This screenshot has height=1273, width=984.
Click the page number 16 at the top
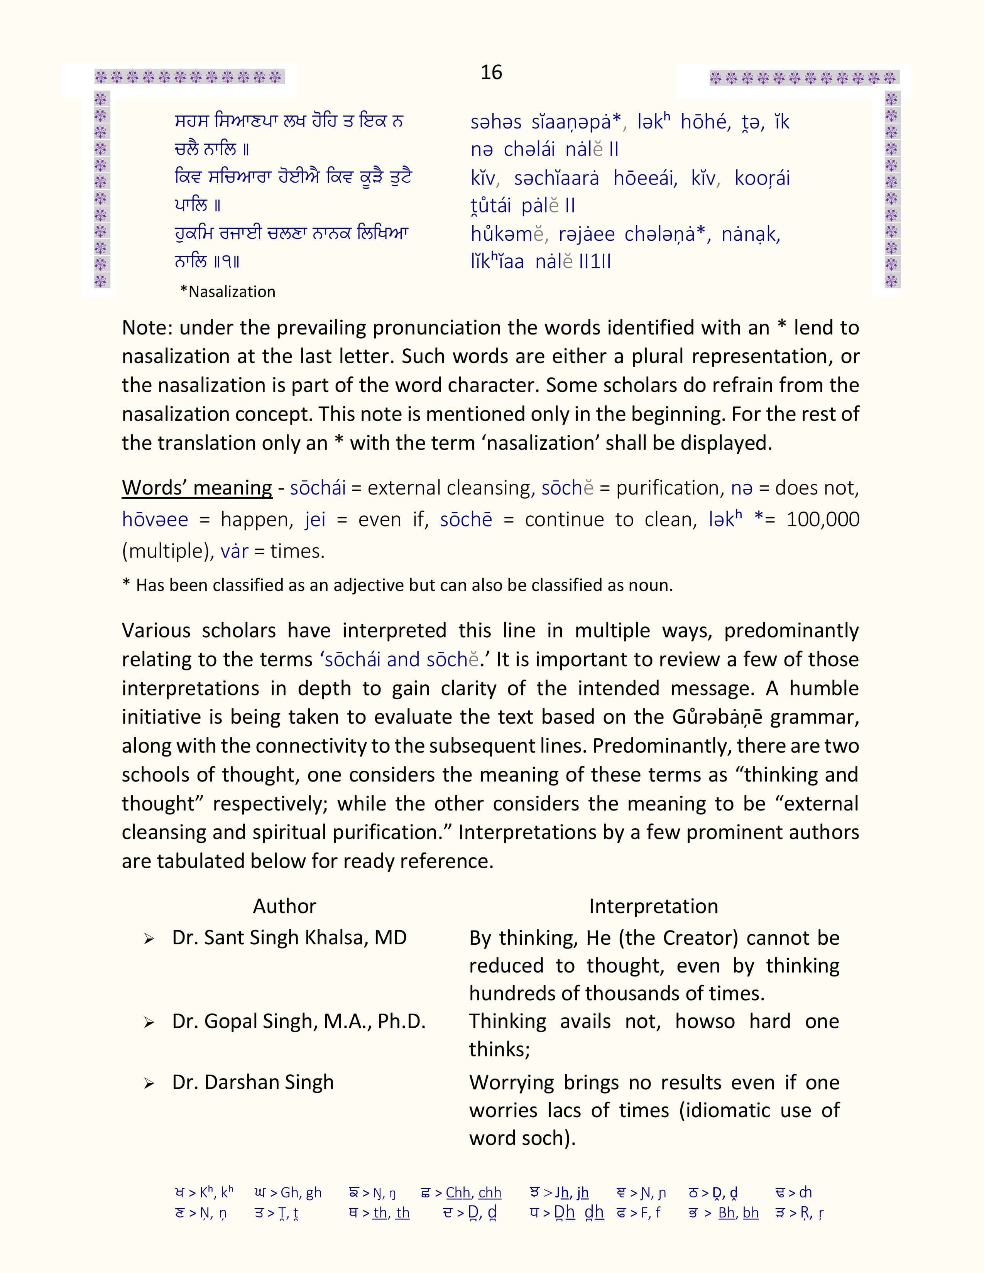click(x=491, y=72)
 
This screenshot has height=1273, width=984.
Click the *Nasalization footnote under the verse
click(x=227, y=291)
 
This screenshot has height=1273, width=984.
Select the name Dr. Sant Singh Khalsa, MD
click(x=289, y=937)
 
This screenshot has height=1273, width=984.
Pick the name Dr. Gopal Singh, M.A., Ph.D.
click(x=298, y=1021)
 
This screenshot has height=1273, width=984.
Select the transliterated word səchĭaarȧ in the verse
click(x=556, y=178)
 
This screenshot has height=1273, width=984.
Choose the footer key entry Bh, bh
click(x=738, y=1212)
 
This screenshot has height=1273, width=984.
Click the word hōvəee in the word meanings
click(x=155, y=519)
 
